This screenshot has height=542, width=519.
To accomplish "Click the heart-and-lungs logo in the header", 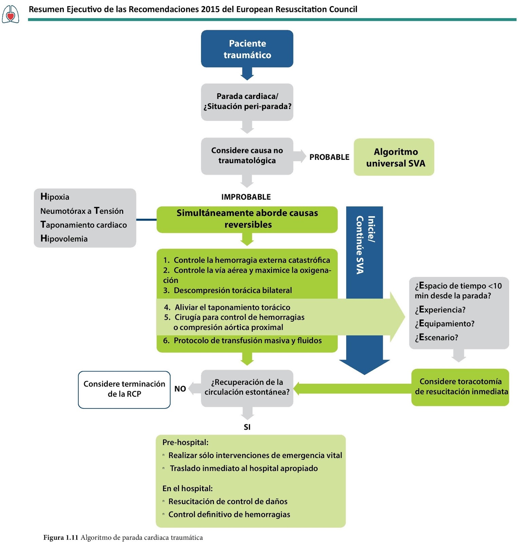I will point(11,14).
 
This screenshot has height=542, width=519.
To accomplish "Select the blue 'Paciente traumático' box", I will point(247,49).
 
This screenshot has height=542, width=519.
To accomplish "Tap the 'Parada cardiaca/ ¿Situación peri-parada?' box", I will point(247,102).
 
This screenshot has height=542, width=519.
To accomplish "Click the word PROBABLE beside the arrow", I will point(329,157).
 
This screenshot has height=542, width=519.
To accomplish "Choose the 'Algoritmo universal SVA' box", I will point(394,157).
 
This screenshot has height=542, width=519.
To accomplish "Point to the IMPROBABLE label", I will point(246,197).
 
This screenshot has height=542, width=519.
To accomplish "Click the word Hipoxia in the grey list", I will point(55,197).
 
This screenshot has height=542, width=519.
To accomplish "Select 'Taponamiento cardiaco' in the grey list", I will point(83,225).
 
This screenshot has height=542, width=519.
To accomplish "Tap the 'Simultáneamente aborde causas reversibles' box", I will point(247,219).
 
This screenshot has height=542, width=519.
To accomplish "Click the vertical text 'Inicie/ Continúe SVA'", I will point(365,245).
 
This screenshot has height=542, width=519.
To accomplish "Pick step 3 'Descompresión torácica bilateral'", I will point(232,290).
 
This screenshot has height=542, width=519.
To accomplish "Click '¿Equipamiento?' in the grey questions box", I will point(444,324).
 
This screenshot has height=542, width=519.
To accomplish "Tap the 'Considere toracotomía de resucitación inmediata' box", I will point(460,387).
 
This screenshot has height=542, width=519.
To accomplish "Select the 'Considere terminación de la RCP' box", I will point(124,389).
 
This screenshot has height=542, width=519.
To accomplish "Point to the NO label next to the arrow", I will point(180,389).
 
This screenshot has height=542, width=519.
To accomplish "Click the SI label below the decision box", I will point(247,427).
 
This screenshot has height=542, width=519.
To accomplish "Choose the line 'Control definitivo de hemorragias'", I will point(229,515).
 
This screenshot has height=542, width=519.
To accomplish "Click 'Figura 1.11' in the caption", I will point(61,538).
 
